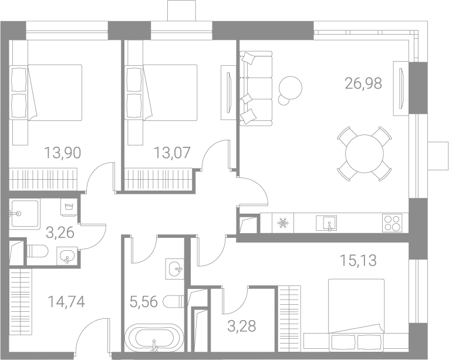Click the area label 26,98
(x=363, y=83)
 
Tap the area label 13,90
(x=62, y=153)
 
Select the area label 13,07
(x=172, y=153)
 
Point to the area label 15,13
(x=358, y=261)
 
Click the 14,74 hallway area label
(x=66, y=302)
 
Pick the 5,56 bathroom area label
(x=144, y=302)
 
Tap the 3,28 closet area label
(x=242, y=326)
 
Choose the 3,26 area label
(x=60, y=233)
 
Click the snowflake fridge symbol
(x=283, y=223)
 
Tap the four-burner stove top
(x=392, y=223)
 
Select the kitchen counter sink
(x=326, y=223)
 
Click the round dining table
(x=364, y=154)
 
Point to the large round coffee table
(x=291, y=88)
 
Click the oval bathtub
(x=154, y=338)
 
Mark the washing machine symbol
(x=69, y=207)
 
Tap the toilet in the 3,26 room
(x=38, y=251)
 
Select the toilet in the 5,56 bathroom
(x=174, y=301)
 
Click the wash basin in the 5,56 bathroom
(x=174, y=269)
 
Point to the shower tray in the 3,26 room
(x=24, y=213)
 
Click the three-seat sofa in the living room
(x=256, y=89)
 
